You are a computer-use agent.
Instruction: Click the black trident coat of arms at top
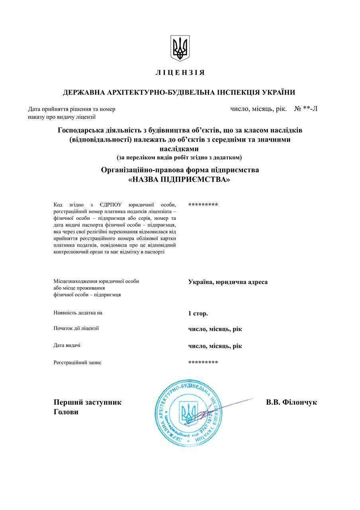click(x=180, y=48)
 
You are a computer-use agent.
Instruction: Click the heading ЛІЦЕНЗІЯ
click(x=180, y=73)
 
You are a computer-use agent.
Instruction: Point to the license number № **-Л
click(x=305, y=109)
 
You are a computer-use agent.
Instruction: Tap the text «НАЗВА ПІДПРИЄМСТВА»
click(x=180, y=180)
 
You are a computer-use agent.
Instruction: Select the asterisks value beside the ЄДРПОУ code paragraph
click(x=203, y=205)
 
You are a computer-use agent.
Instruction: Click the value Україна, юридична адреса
click(x=228, y=282)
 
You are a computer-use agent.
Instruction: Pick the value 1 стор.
click(x=198, y=314)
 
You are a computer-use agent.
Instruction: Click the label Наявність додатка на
click(x=78, y=313)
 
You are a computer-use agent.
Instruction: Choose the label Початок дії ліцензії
click(x=76, y=328)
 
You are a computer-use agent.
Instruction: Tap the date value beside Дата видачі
click(x=215, y=346)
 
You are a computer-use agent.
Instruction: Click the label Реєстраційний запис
click(x=77, y=363)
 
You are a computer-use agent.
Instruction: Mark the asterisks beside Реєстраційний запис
click(x=203, y=362)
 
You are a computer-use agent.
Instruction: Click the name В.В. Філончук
click(x=292, y=402)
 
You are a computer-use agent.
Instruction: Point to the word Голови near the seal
click(x=66, y=412)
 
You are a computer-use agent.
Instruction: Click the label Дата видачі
click(x=67, y=345)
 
